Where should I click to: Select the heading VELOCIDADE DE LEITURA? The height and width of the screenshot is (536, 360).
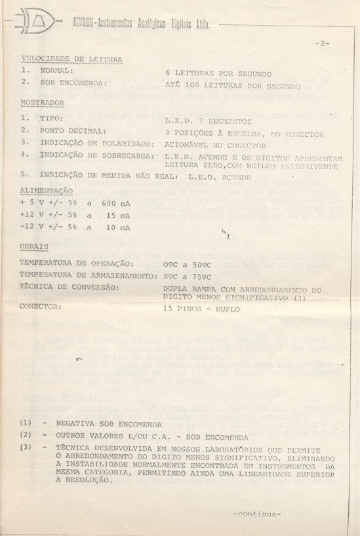click(x=71, y=59)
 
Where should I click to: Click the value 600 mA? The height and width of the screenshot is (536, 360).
click(x=115, y=203)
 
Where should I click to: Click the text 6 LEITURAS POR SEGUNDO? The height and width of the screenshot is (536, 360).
click(x=218, y=74)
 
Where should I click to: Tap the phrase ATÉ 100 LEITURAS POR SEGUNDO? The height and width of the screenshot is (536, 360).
click(x=232, y=86)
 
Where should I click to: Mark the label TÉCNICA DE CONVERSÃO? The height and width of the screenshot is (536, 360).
click(x=69, y=287)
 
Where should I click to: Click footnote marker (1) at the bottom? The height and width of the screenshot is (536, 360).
click(x=26, y=423)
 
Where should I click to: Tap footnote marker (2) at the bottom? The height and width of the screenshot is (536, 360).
click(x=26, y=435)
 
